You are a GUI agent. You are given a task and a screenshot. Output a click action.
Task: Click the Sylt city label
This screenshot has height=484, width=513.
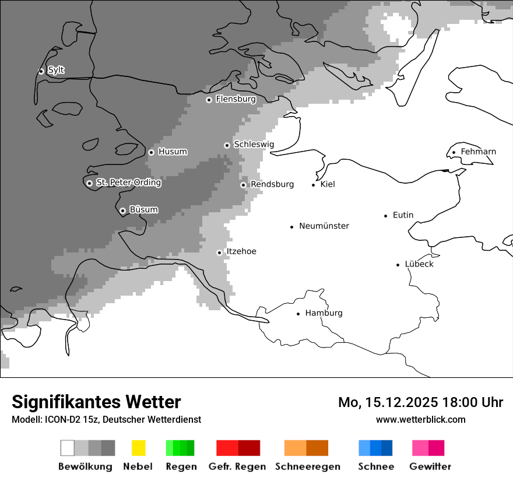click(x=56, y=71)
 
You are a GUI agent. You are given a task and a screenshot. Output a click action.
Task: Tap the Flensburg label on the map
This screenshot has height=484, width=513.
click(x=236, y=99)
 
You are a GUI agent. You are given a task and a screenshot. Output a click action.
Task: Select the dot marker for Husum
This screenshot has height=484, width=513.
click(x=151, y=152)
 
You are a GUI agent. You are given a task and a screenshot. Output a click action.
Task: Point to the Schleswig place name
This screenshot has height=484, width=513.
click(x=254, y=145)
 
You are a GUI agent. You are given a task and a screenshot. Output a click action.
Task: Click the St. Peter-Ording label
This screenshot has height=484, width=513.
click(x=128, y=183)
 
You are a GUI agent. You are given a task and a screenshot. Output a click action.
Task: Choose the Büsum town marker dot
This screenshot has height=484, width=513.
click(x=122, y=211)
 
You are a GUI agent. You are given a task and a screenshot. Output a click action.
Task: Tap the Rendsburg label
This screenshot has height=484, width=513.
click(x=272, y=184)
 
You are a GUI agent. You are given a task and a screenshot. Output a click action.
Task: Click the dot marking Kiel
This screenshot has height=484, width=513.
click(x=314, y=185)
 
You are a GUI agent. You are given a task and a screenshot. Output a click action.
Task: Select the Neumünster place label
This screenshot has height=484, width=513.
click(x=324, y=226)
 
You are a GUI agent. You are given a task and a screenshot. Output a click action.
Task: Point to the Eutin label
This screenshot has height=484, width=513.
click(x=403, y=215)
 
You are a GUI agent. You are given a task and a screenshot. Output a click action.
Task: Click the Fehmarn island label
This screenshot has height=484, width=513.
click(x=478, y=152)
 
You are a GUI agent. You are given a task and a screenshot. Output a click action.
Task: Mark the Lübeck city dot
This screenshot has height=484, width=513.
click(x=398, y=265)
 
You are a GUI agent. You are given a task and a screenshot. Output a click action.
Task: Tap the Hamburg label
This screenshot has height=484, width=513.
click(x=324, y=313)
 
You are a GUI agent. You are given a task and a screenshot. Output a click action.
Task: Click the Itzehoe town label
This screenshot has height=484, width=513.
click(x=241, y=251)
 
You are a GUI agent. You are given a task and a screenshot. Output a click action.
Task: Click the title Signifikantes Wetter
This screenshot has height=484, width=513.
click(x=96, y=402)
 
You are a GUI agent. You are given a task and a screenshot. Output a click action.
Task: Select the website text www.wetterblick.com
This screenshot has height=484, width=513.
click(x=420, y=420)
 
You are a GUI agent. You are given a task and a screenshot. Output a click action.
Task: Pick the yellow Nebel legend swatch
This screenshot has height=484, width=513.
click(x=138, y=448)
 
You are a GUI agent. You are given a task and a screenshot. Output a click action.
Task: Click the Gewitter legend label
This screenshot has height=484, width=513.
click(x=430, y=467)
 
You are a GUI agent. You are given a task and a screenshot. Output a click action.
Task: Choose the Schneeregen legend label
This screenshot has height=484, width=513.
click(x=307, y=467)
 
